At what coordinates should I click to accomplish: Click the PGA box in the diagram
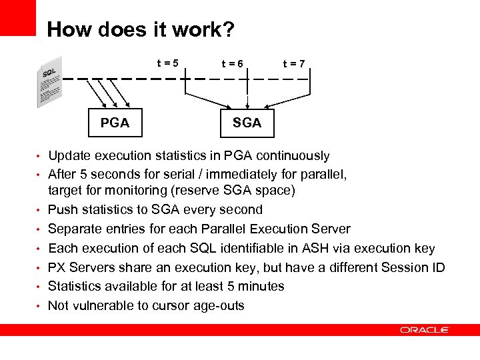pyautogui.click(x=115, y=123)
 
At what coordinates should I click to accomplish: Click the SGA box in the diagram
pyautogui.click(x=247, y=123)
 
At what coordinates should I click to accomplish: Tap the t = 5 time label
pyautogui.click(x=167, y=63)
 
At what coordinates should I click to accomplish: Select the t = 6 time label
pyautogui.click(x=233, y=64)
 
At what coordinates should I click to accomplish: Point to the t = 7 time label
pyautogui.click(x=294, y=64)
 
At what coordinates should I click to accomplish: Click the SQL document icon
pyautogui.click(x=49, y=81)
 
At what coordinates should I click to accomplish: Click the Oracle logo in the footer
pyautogui.click(x=425, y=330)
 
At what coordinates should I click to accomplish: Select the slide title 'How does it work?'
pyautogui.click(x=140, y=30)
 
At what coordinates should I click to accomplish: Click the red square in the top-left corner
pyautogui.click(x=17, y=17)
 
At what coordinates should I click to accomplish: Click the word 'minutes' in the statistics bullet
pyautogui.click(x=261, y=287)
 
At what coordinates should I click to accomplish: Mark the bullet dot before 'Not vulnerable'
pyautogui.click(x=39, y=307)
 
